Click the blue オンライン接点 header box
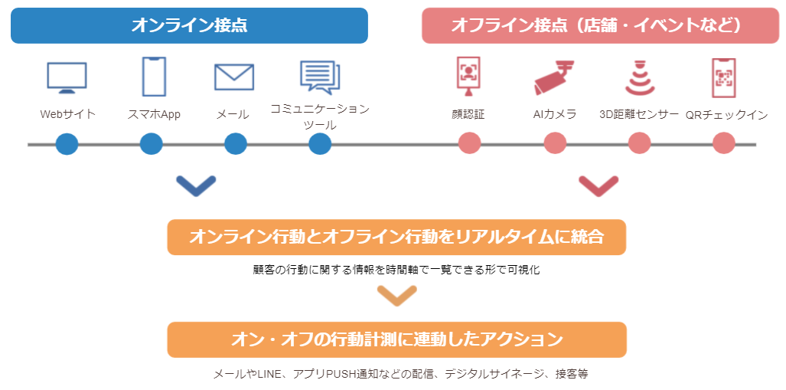point(189,25)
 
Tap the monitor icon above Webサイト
point(67,77)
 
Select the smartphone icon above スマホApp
point(154,77)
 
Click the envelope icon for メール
point(234,77)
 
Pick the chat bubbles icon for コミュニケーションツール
point(320,77)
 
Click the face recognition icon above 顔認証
point(468,77)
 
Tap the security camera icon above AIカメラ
point(553,77)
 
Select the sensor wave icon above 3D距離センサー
point(640,77)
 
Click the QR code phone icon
point(723,77)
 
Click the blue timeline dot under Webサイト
point(67,143)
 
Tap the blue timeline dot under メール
point(236,143)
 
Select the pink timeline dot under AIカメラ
point(555,143)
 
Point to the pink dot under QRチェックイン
point(723,143)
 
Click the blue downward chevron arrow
point(196,185)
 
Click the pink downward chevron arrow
point(598,185)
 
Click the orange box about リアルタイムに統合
point(396,238)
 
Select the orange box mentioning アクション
point(396,339)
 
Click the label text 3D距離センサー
point(639,115)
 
